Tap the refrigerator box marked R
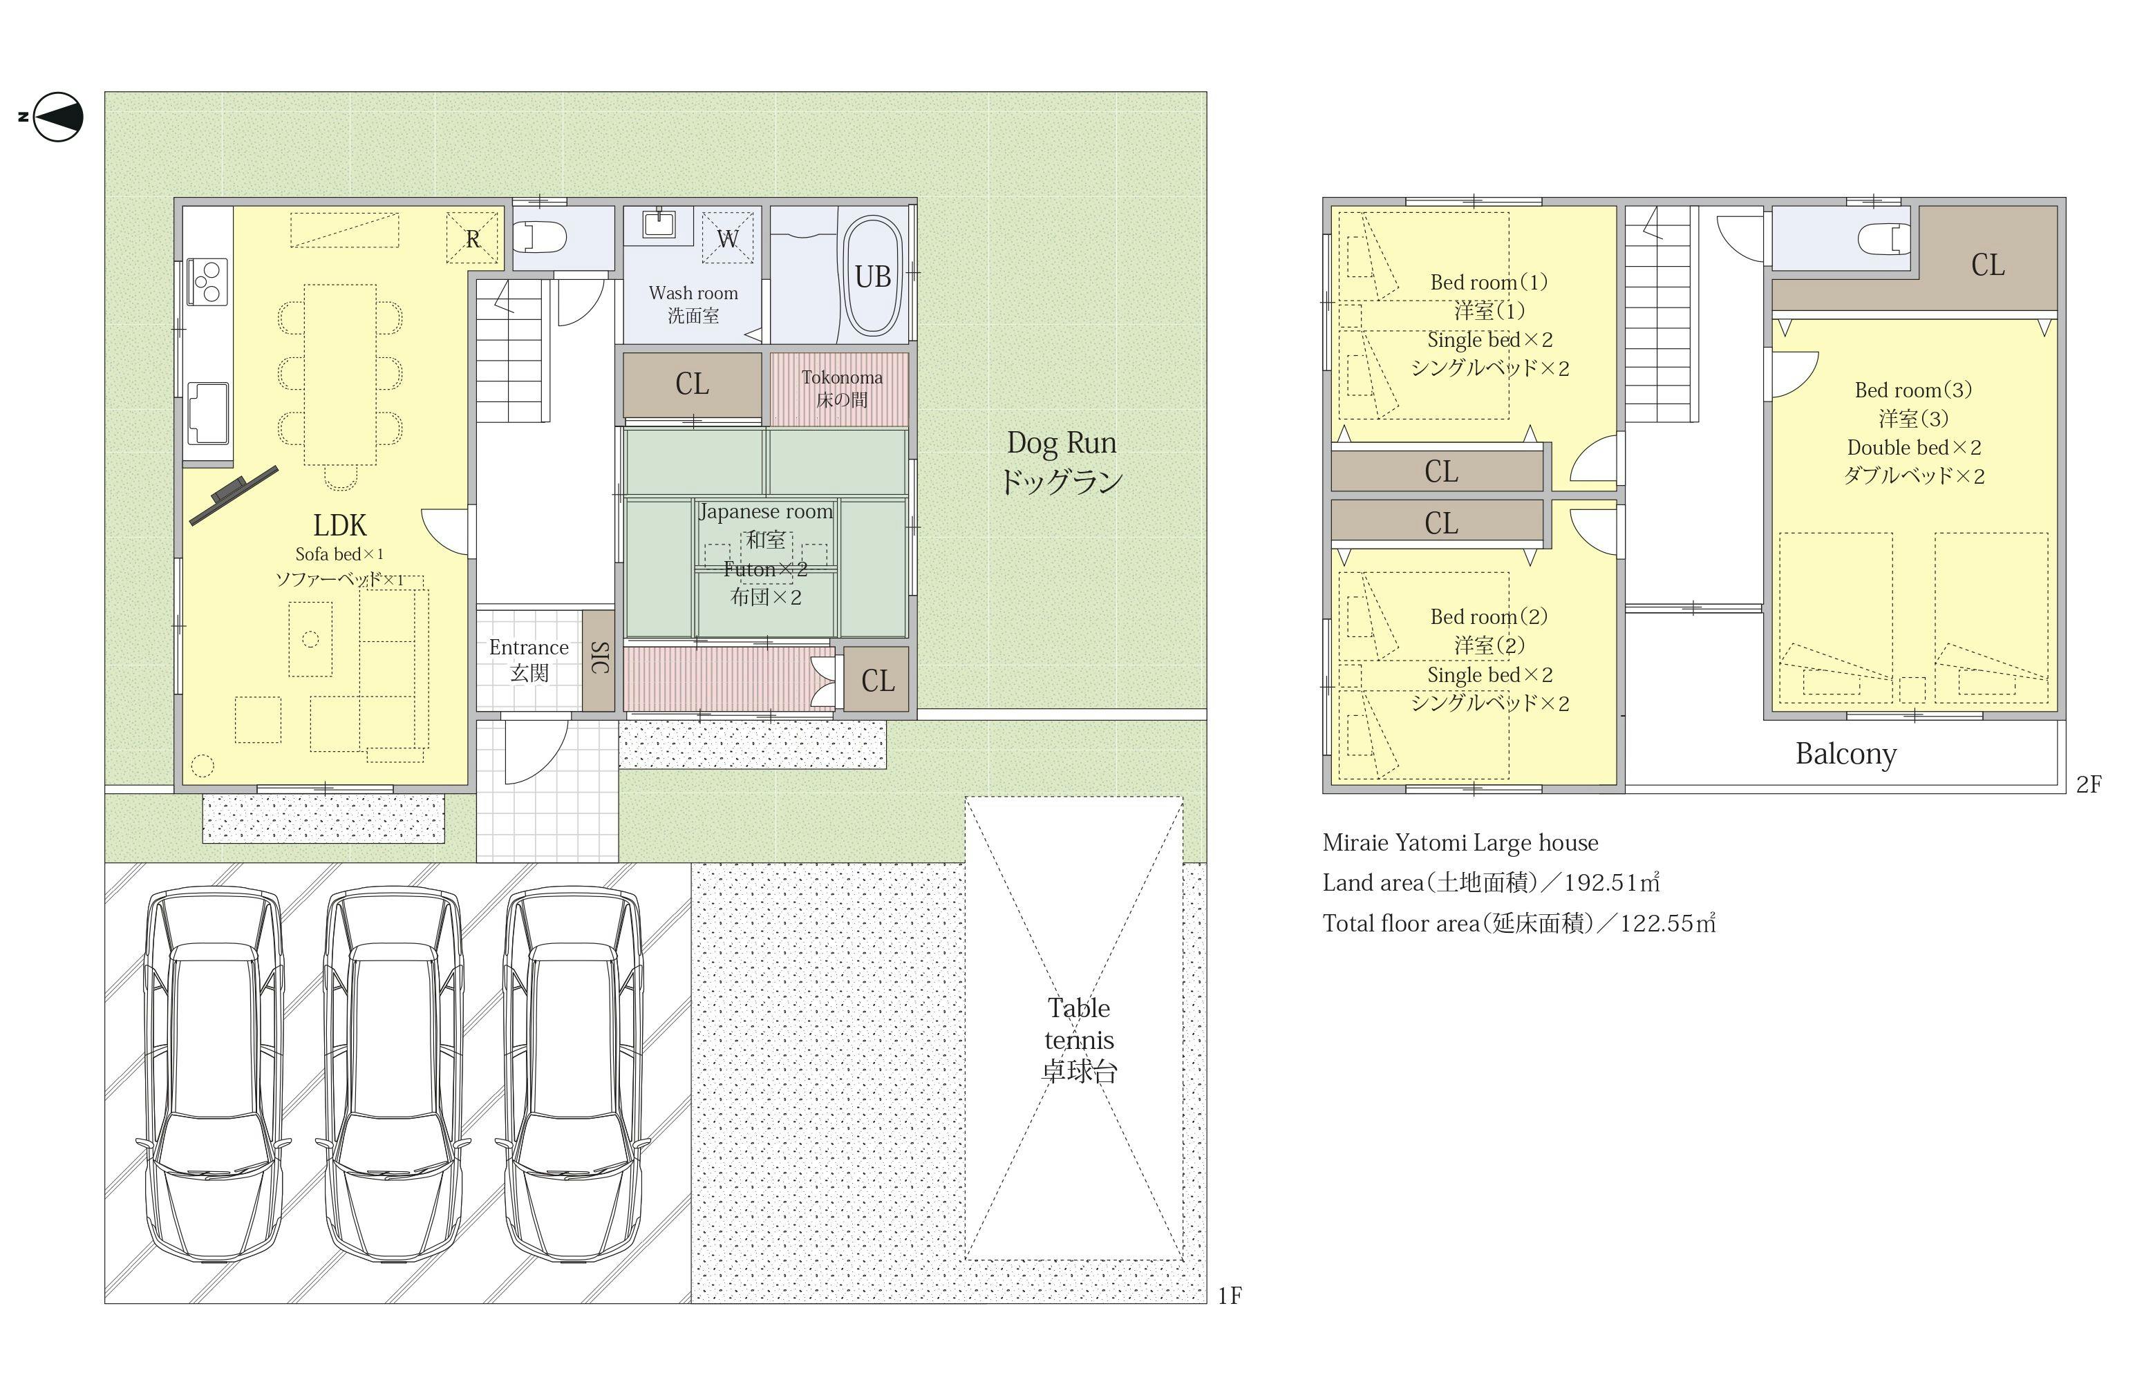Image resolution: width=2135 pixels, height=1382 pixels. click(472, 238)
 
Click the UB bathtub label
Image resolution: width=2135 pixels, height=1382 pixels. click(873, 276)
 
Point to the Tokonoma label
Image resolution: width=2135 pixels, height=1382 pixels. click(841, 377)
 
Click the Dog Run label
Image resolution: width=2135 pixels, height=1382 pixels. click(1061, 442)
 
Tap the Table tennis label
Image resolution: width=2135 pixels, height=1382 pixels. click(1079, 1023)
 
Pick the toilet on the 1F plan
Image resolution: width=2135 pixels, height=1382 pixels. click(541, 238)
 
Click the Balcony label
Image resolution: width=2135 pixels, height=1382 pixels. click(1845, 754)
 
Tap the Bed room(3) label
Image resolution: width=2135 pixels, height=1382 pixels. click(1912, 390)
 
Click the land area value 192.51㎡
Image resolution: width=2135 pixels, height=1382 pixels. click(1612, 882)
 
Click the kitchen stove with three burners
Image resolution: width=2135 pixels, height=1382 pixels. click(207, 281)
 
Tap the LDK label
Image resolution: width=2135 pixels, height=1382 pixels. click(340, 524)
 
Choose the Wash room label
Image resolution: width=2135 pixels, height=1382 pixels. click(693, 293)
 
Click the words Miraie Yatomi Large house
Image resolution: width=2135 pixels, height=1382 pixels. click(1460, 842)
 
